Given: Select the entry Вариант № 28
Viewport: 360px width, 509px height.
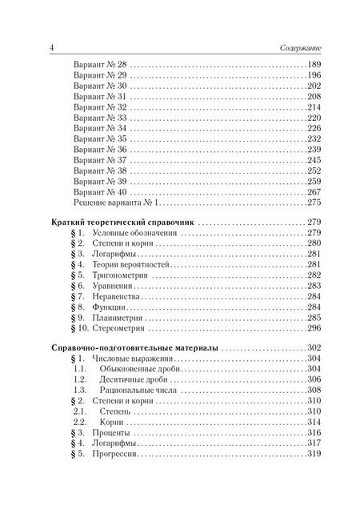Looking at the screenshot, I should [x=99, y=64].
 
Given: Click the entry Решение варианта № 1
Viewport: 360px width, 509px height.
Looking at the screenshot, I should [x=111, y=205].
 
